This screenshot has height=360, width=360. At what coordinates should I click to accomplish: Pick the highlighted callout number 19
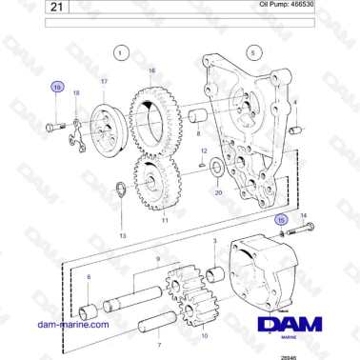coord(58,88)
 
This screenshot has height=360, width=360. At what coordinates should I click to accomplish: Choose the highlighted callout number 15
coord(281,219)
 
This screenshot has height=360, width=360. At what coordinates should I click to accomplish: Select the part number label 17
coord(104,83)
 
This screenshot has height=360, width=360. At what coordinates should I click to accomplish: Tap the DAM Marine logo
coord(295,327)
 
